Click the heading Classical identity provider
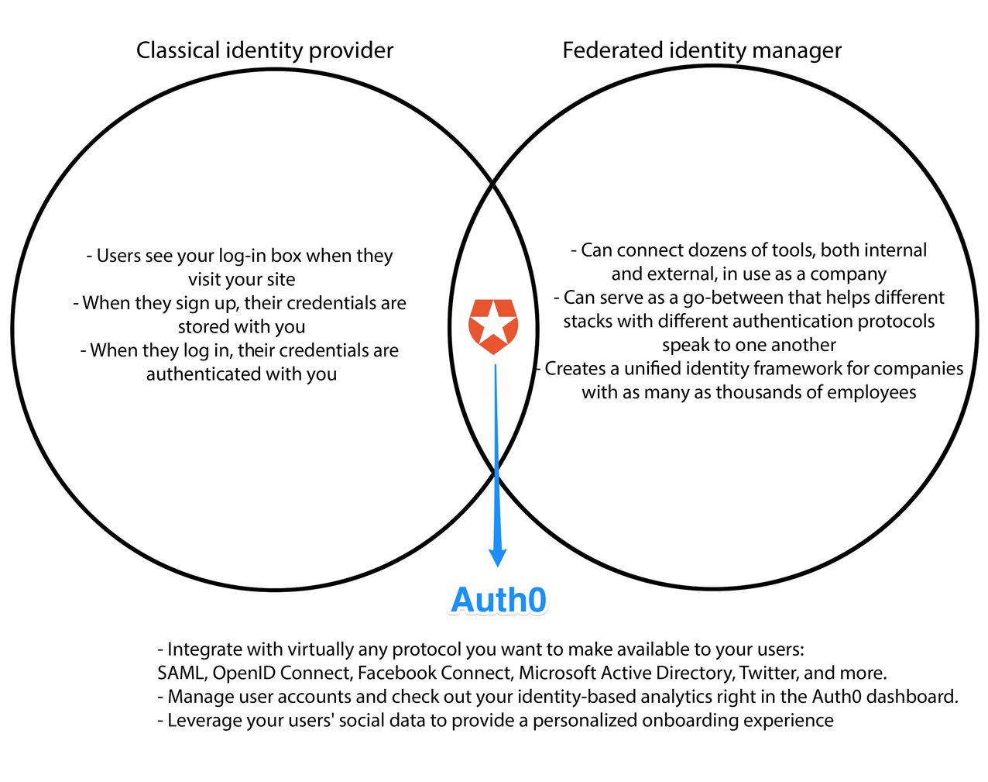[265, 50]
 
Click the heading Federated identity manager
[702, 50]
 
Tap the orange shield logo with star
[493, 326]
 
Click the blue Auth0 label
[499, 601]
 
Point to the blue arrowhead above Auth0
[498, 556]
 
